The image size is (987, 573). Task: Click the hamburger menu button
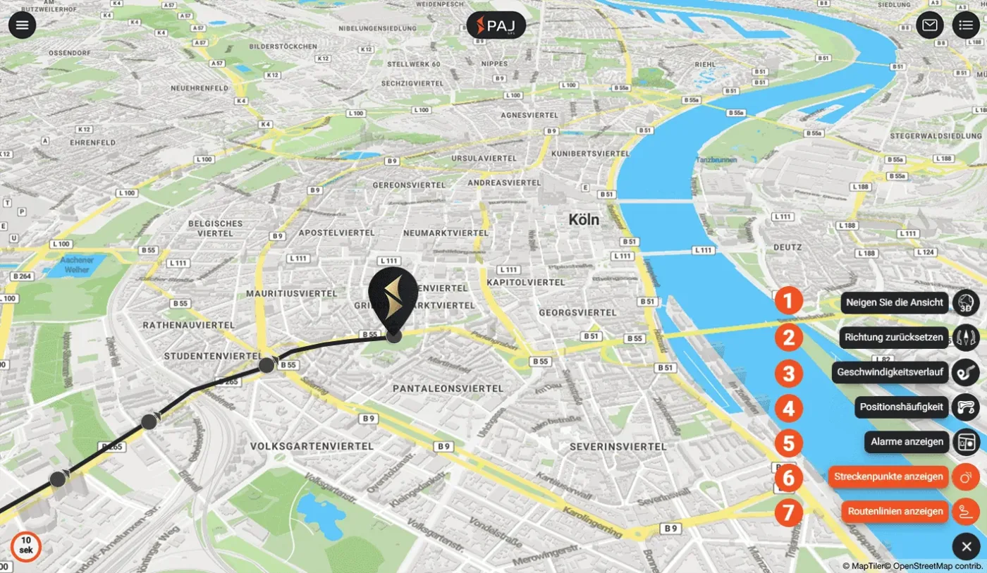tap(23, 25)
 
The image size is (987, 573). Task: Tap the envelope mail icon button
tap(930, 25)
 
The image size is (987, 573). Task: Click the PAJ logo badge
tap(496, 25)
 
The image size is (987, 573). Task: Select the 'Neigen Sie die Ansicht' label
tap(894, 303)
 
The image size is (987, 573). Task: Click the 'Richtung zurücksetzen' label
tap(894, 338)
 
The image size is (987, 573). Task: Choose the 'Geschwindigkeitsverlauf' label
tap(890, 372)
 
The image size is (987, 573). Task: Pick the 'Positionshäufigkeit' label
tap(901, 407)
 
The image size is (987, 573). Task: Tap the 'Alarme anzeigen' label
tap(907, 442)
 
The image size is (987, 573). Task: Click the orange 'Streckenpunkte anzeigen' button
tap(888, 477)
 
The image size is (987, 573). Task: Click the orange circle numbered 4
tap(788, 407)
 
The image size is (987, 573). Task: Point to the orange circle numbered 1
tap(788, 302)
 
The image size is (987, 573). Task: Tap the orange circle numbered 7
tap(788, 512)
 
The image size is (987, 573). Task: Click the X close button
tap(966, 547)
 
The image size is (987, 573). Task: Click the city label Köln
tap(584, 220)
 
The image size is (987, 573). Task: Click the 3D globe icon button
tap(966, 303)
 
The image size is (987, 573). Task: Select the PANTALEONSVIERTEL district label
tap(448, 388)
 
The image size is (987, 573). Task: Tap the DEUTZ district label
tap(787, 247)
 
